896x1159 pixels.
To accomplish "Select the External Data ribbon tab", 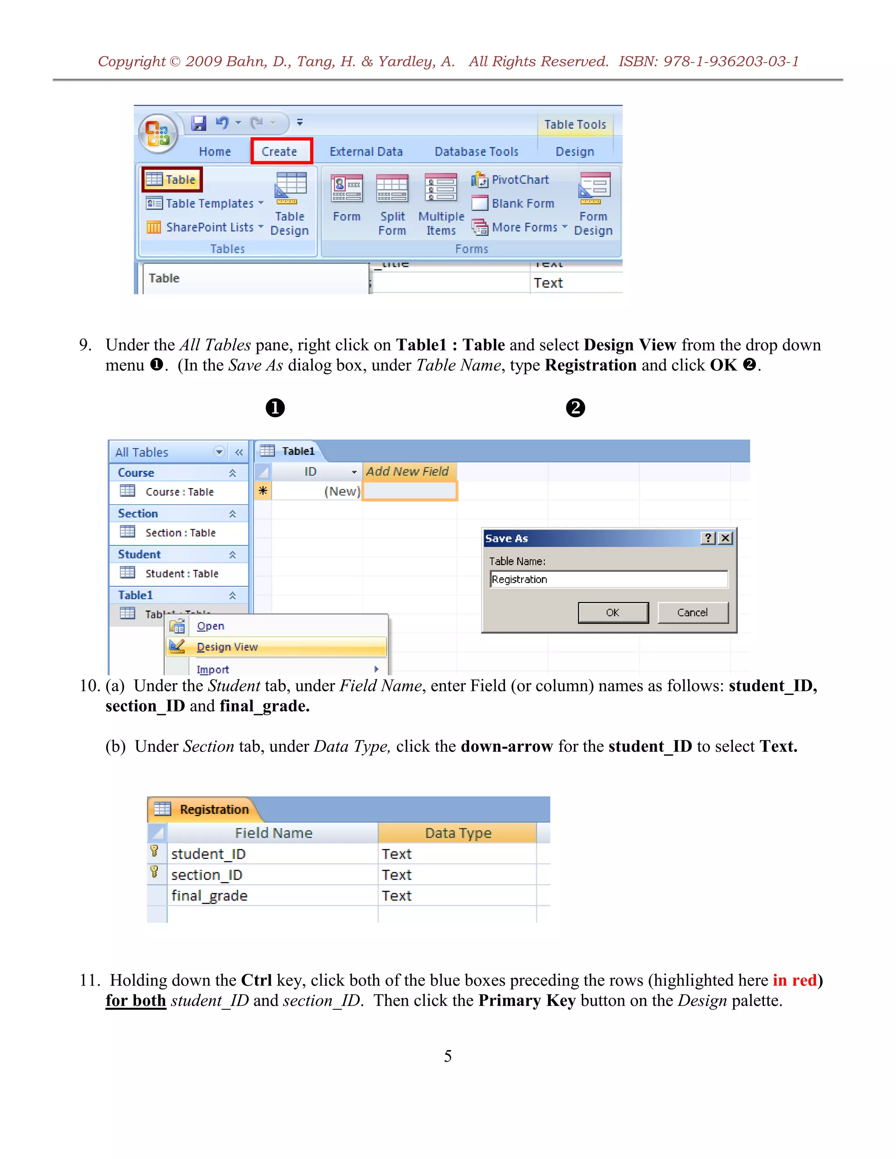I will (x=366, y=152).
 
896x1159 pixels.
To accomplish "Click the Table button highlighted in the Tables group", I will (x=172, y=180).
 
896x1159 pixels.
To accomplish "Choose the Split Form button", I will (x=392, y=204).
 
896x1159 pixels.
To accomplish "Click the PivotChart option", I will (x=510, y=180).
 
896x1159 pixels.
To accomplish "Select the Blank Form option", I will (x=513, y=204).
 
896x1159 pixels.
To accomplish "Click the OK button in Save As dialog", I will (x=612, y=612).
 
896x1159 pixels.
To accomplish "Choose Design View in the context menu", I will (x=227, y=647).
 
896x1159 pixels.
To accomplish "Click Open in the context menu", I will (x=210, y=626).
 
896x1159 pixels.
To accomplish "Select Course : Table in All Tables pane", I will (x=179, y=492).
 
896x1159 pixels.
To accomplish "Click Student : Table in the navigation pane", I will (x=181, y=574).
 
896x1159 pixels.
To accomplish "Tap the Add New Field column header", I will (x=408, y=471).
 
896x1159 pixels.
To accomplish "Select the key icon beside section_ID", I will (x=154, y=873).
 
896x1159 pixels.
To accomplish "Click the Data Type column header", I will (x=458, y=833).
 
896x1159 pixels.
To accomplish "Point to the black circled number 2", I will (x=575, y=408).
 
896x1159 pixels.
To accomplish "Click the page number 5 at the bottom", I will (x=448, y=1056).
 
